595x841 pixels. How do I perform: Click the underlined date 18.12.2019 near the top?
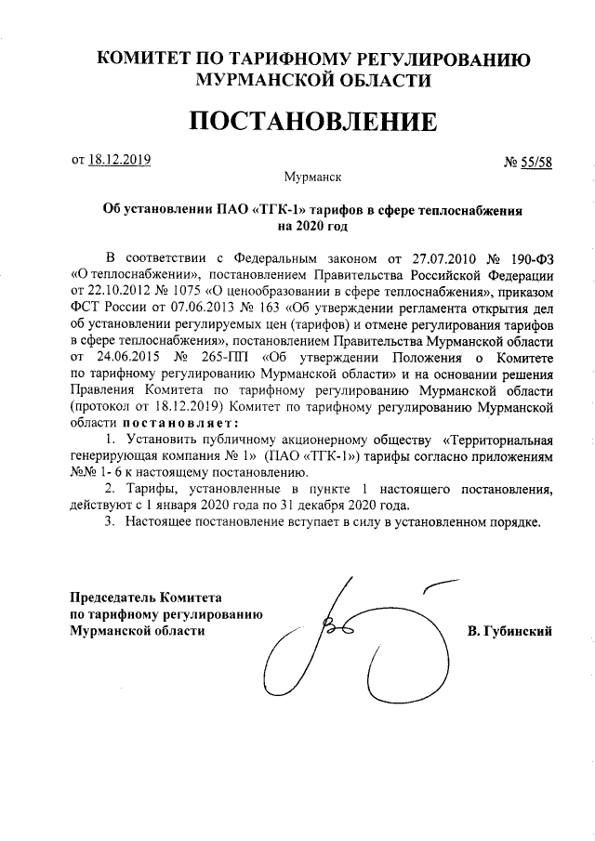pyautogui.click(x=120, y=159)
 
